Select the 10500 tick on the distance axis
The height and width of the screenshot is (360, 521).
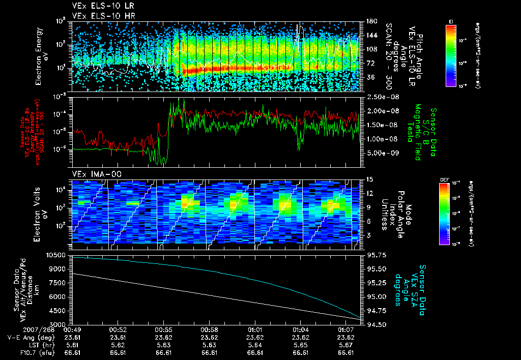(59, 255)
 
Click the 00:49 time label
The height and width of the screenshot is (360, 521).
(73, 329)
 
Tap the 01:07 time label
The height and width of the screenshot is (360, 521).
(346, 329)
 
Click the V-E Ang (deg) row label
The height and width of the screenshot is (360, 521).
(28, 337)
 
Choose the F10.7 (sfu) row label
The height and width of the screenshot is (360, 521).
(32, 351)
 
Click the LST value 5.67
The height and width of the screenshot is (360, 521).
(346, 344)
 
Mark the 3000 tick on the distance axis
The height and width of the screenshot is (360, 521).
(61, 324)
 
